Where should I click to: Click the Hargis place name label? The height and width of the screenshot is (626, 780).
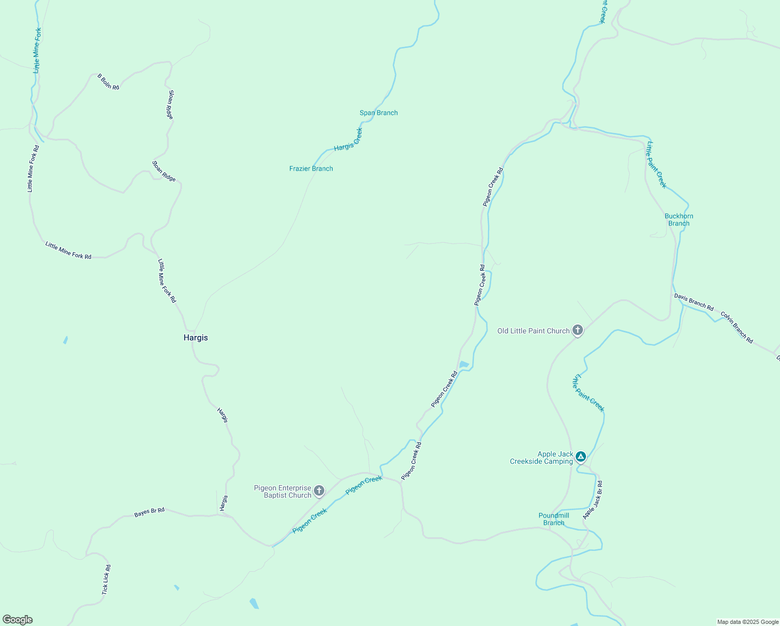point(196,338)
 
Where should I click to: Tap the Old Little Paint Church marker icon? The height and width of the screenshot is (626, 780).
point(577,330)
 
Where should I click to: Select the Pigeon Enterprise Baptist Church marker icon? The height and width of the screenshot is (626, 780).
point(319,490)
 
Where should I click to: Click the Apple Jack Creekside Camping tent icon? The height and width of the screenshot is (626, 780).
point(581,456)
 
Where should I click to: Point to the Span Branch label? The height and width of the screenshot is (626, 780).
point(379,113)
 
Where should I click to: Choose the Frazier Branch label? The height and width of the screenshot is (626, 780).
point(311,168)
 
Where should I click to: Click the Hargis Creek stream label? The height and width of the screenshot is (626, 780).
point(348,140)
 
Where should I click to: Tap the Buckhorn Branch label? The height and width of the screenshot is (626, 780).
point(679,220)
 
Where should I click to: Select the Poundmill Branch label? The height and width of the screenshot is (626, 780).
point(554,519)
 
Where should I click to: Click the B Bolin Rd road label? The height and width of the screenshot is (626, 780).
point(108,82)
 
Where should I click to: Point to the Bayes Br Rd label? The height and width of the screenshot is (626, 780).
point(149,512)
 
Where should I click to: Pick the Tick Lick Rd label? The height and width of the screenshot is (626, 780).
point(106,580)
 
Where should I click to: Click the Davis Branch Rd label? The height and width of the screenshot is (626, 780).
point(693,302)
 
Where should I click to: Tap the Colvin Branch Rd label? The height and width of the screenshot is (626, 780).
point(737,328)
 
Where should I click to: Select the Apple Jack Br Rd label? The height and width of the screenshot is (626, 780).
point(593,500)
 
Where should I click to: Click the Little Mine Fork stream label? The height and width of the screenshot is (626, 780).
point(36,51)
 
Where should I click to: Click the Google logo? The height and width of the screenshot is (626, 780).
point(18,620)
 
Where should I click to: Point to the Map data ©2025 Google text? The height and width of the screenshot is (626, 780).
point(748,622)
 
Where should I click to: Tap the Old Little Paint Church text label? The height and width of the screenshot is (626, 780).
point(533,331)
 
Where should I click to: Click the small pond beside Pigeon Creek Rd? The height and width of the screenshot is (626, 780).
point(464,364)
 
